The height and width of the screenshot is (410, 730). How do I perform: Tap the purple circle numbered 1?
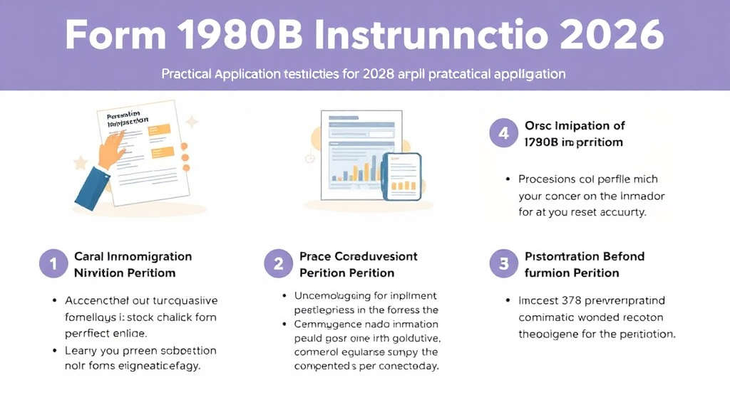click(53, 264)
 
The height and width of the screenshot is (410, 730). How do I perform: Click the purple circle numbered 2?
click(278, 264)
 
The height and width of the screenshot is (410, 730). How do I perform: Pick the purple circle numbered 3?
click(503, 264)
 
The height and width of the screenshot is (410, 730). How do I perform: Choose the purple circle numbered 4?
click(503, 133)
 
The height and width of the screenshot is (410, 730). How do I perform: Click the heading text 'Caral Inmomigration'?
click(133, 256)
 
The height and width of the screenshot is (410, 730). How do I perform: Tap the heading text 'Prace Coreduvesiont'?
click(358, 256)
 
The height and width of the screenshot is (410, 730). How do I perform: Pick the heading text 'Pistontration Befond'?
click(584, 256)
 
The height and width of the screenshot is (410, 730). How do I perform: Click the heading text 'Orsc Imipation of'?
click(574, 125)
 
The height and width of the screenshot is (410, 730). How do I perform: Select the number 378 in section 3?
click(570, 301)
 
